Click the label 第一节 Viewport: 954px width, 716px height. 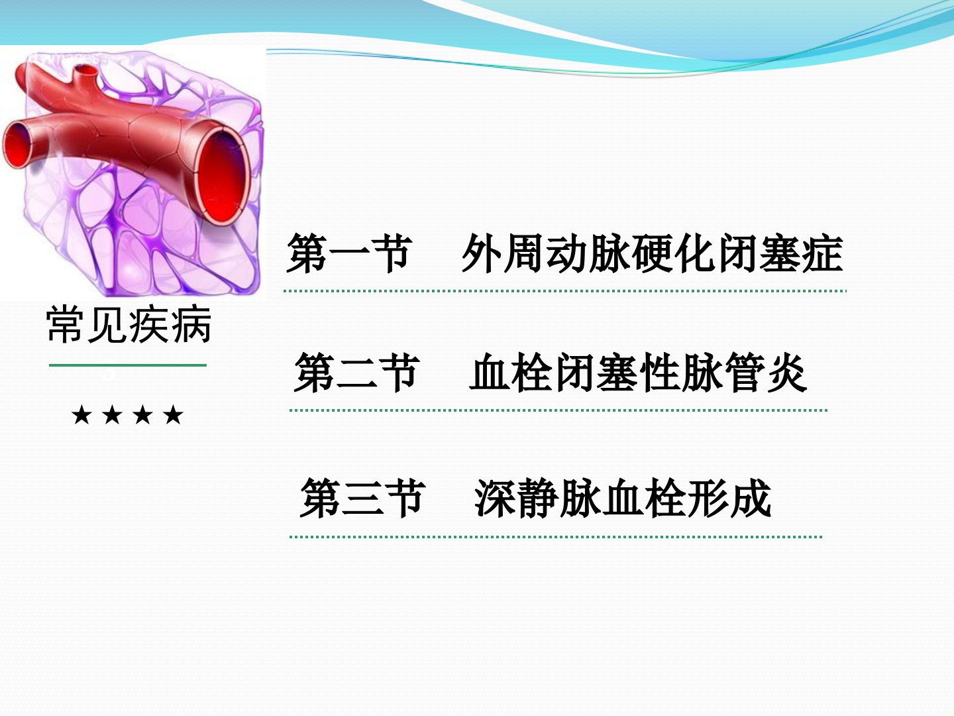pyautogui.click(x=348, y=253)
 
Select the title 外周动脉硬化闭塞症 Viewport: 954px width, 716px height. pyautogui.click(x=653, y=253)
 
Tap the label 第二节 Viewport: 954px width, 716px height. pyautogui.click(x=357, y=373)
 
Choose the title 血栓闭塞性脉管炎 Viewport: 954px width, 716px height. pyautogui.click(x=639, y=373)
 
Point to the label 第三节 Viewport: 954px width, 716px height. pyautogui.click(x=362, y=498)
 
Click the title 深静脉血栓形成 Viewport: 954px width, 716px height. pyautogui.click(x=623, y=498)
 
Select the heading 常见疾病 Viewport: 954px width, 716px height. pyautogui.click(x=129, y=325)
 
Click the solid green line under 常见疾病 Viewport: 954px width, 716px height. pyautogui.click(x=128, y=365)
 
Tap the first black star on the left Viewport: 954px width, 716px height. pyautogui.click(x=81, y=414)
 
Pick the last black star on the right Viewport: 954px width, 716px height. pyautogui.click(x=173, y=414)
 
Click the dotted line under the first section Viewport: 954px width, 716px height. pyautogui.click(x=565, y=291)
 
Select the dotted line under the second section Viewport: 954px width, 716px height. pyautogui.click(x=558, y=410)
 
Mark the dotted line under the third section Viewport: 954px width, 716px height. pyautogui.click(x=556, y=537)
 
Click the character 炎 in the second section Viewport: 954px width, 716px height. pyautogui.click(x=787, y=373)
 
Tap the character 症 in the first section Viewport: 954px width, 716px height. pyautogui.click(x=823, y=253)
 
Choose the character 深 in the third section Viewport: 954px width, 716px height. pyautogui.click(x=495, y=498)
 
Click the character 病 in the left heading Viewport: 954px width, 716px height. pyautogui.click(x=191, y=325)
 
